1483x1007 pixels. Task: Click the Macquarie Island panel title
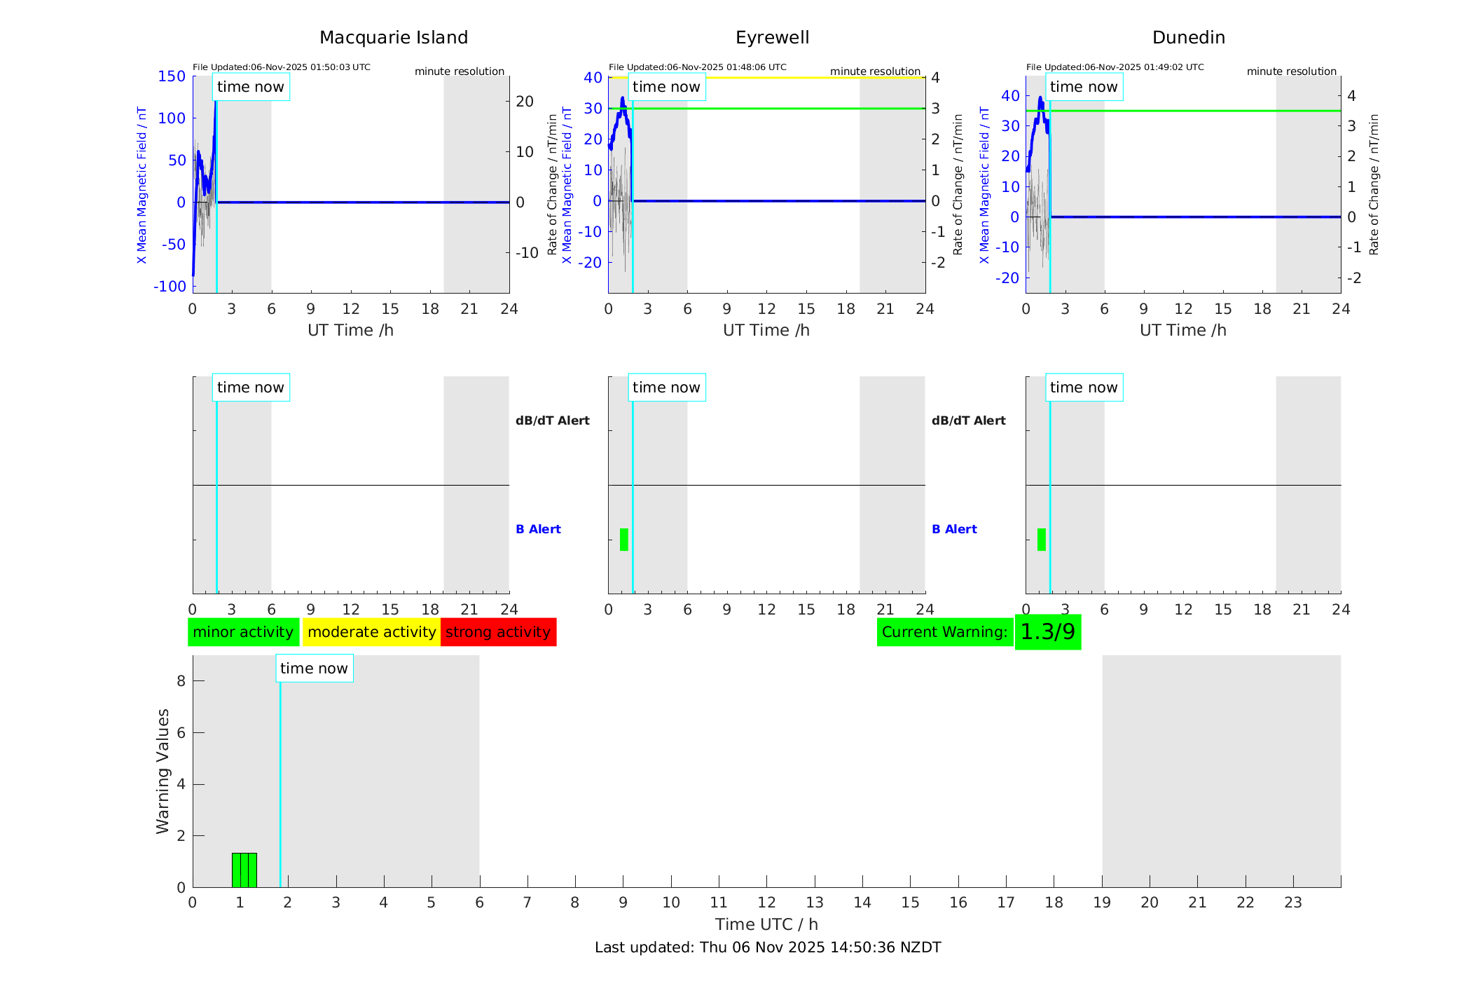pos(394,38)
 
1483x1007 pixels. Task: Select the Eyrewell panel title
pos(772,38)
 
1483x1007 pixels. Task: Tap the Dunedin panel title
pos(1188,38)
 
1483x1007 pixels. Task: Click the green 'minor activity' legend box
pos(243,632)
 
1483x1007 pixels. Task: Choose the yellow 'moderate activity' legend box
pos(371,632)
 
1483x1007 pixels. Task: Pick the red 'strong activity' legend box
pos(498,632)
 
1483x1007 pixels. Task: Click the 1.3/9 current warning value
pos(1047,632)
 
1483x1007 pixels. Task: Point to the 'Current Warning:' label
pos(944,632)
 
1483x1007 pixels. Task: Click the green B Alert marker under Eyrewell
pos(624,540)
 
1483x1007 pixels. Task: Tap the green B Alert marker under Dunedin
pos(1042,540)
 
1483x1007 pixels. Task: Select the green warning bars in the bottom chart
pos(244,870)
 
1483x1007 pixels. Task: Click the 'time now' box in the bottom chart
pos(314,669)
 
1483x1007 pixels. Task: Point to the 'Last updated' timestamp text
pos(768,947)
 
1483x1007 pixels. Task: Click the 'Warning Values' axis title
pos(163,771)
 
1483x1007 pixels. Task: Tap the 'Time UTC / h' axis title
pos(766,924)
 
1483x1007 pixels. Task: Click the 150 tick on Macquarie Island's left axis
pos(172,76)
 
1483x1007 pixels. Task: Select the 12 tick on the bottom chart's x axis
pos(767,903)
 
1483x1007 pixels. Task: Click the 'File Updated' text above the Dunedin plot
pos(1115,67)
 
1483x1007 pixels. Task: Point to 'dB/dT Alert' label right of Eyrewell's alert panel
pos(968,420)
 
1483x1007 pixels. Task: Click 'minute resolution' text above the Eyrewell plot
pos(875,71)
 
